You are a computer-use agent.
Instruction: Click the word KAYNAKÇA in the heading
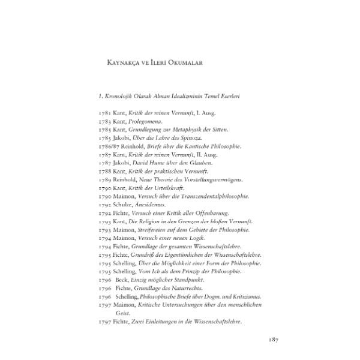pos(119,62)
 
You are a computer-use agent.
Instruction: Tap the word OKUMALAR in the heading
pos(187,62)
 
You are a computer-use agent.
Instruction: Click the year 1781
pos(105,113)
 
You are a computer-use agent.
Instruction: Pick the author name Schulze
pos(127,205)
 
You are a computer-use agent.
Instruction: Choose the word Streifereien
pos(154,230)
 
